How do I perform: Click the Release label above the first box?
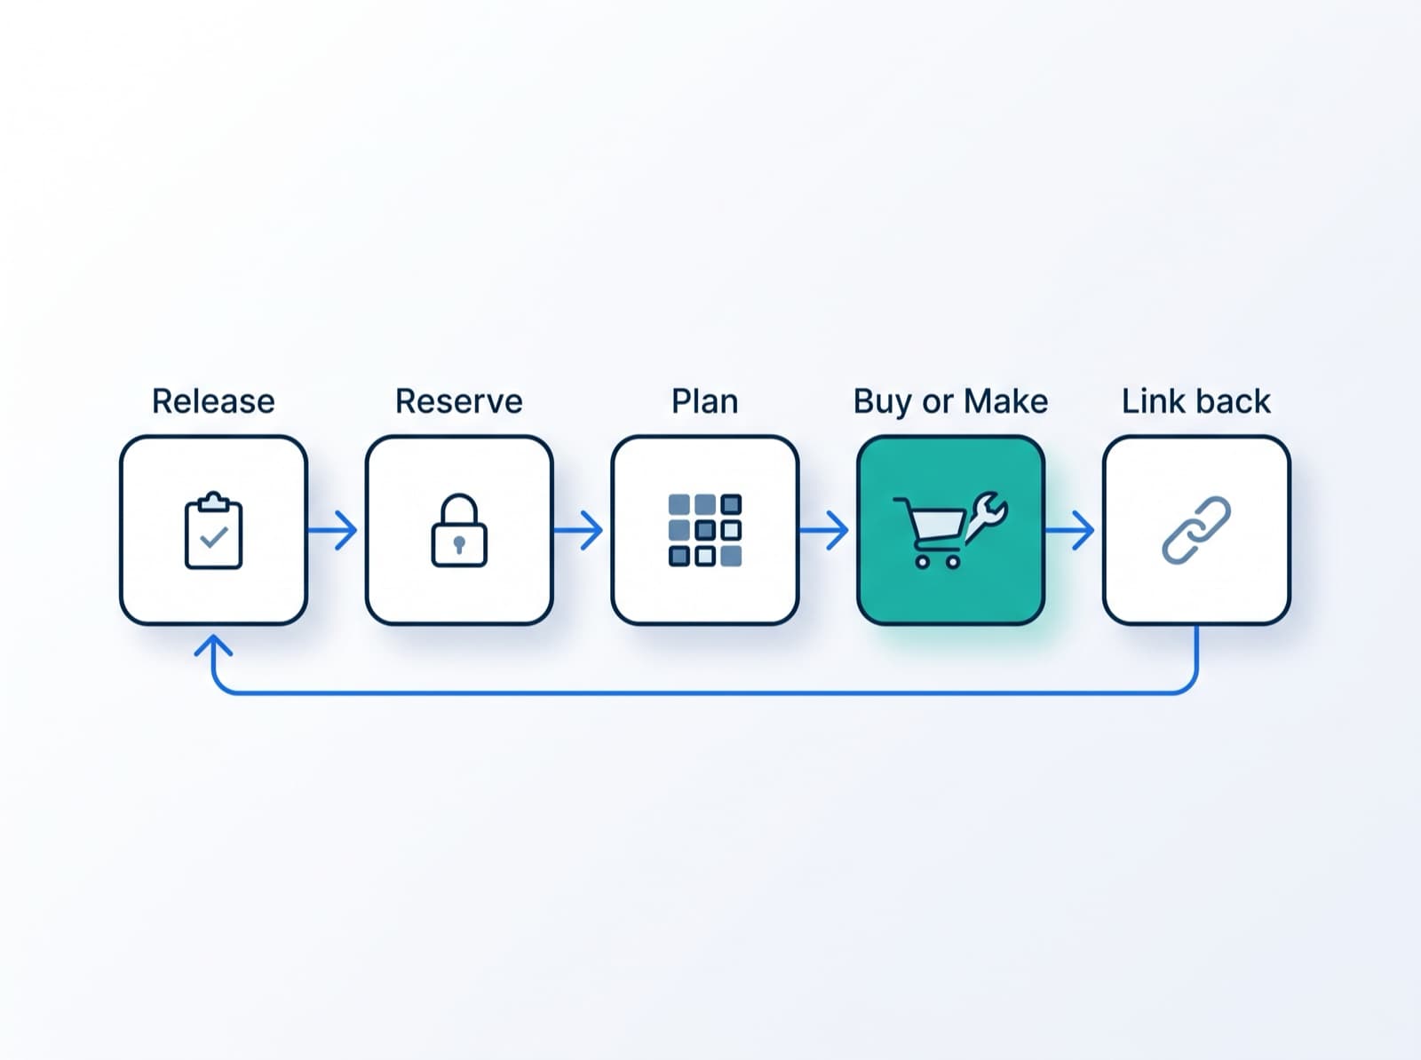tap(213, 401)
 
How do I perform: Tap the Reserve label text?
tap(459, 401)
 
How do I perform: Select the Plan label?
tap(704, 401)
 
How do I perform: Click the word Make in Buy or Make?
tap(1005, 401)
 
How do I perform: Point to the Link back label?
tap(1195, 401)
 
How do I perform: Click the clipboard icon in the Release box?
tap(214, 531)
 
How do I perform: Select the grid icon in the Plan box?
tap(705, 530)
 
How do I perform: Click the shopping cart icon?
tap(929, 532)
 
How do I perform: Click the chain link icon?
tap(1196, 530)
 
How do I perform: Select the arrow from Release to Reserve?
tap(332, 531)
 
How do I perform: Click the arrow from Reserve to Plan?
tap(578, 531)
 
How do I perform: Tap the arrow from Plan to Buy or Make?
tap(823, 531)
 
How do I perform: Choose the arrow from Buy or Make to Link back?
tap(1069, 531)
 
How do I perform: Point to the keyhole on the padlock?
tap(459, 544)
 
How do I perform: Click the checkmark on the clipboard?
tap(214, 537)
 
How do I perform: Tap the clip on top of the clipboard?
tap(214, 502)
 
